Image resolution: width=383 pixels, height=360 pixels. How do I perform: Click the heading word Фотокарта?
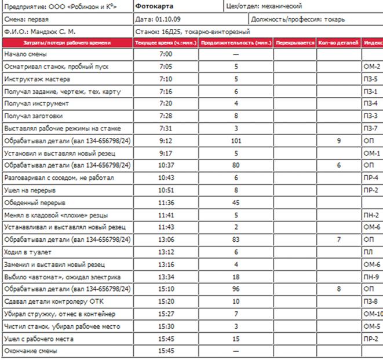(154, 7)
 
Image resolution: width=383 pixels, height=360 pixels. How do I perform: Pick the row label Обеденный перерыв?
(35, 202)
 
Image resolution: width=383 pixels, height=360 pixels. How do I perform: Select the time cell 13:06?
(166, 239)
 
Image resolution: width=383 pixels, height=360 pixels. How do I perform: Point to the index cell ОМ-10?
(373, 314)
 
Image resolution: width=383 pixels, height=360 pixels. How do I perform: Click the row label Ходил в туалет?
(27, 252)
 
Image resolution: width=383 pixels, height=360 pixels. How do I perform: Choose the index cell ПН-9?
(371, 277)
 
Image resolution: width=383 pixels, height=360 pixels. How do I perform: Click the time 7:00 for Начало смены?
(166, 54)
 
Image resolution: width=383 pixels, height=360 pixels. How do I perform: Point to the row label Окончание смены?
(32, 351)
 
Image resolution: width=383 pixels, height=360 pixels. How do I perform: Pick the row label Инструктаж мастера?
(37, 78)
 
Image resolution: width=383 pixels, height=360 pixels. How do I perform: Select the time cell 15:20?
(166, 301)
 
